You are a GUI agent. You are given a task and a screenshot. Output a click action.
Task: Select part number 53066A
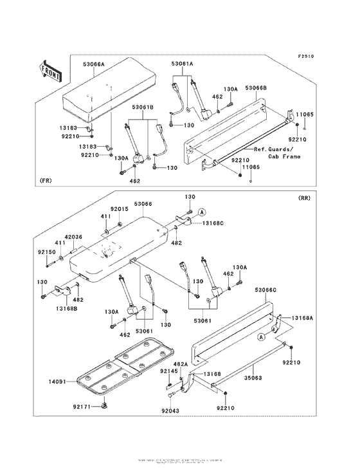tap(94, 65)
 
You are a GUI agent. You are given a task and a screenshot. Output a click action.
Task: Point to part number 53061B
tap(143, 108)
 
